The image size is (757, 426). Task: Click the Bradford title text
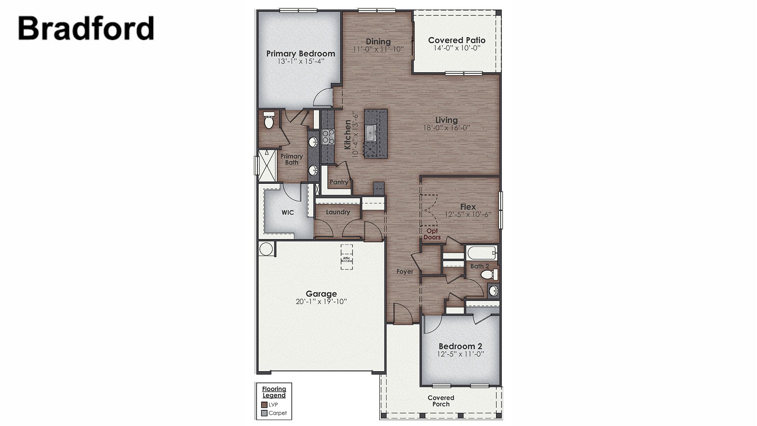pos(86,28)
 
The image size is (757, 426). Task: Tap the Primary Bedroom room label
pos(300,54)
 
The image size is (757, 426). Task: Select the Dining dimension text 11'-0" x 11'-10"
pos(378,49)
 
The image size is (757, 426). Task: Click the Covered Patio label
pos(457,40)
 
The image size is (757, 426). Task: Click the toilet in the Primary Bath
pos(269,120)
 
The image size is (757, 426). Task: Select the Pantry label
pos(339,182)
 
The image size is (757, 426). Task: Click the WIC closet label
pos(287,213)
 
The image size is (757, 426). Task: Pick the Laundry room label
pos(338,212)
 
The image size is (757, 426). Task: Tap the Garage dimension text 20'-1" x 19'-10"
pos(321,302)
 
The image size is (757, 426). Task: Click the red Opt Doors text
pos(432,234)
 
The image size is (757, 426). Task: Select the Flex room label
pos(468,207)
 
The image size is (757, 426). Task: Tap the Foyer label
pos(405,271)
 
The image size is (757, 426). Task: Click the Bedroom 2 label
pos(460,346)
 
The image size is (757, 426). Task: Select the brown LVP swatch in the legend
pos(265,405)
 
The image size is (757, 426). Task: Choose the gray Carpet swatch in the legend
pos(265,413)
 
